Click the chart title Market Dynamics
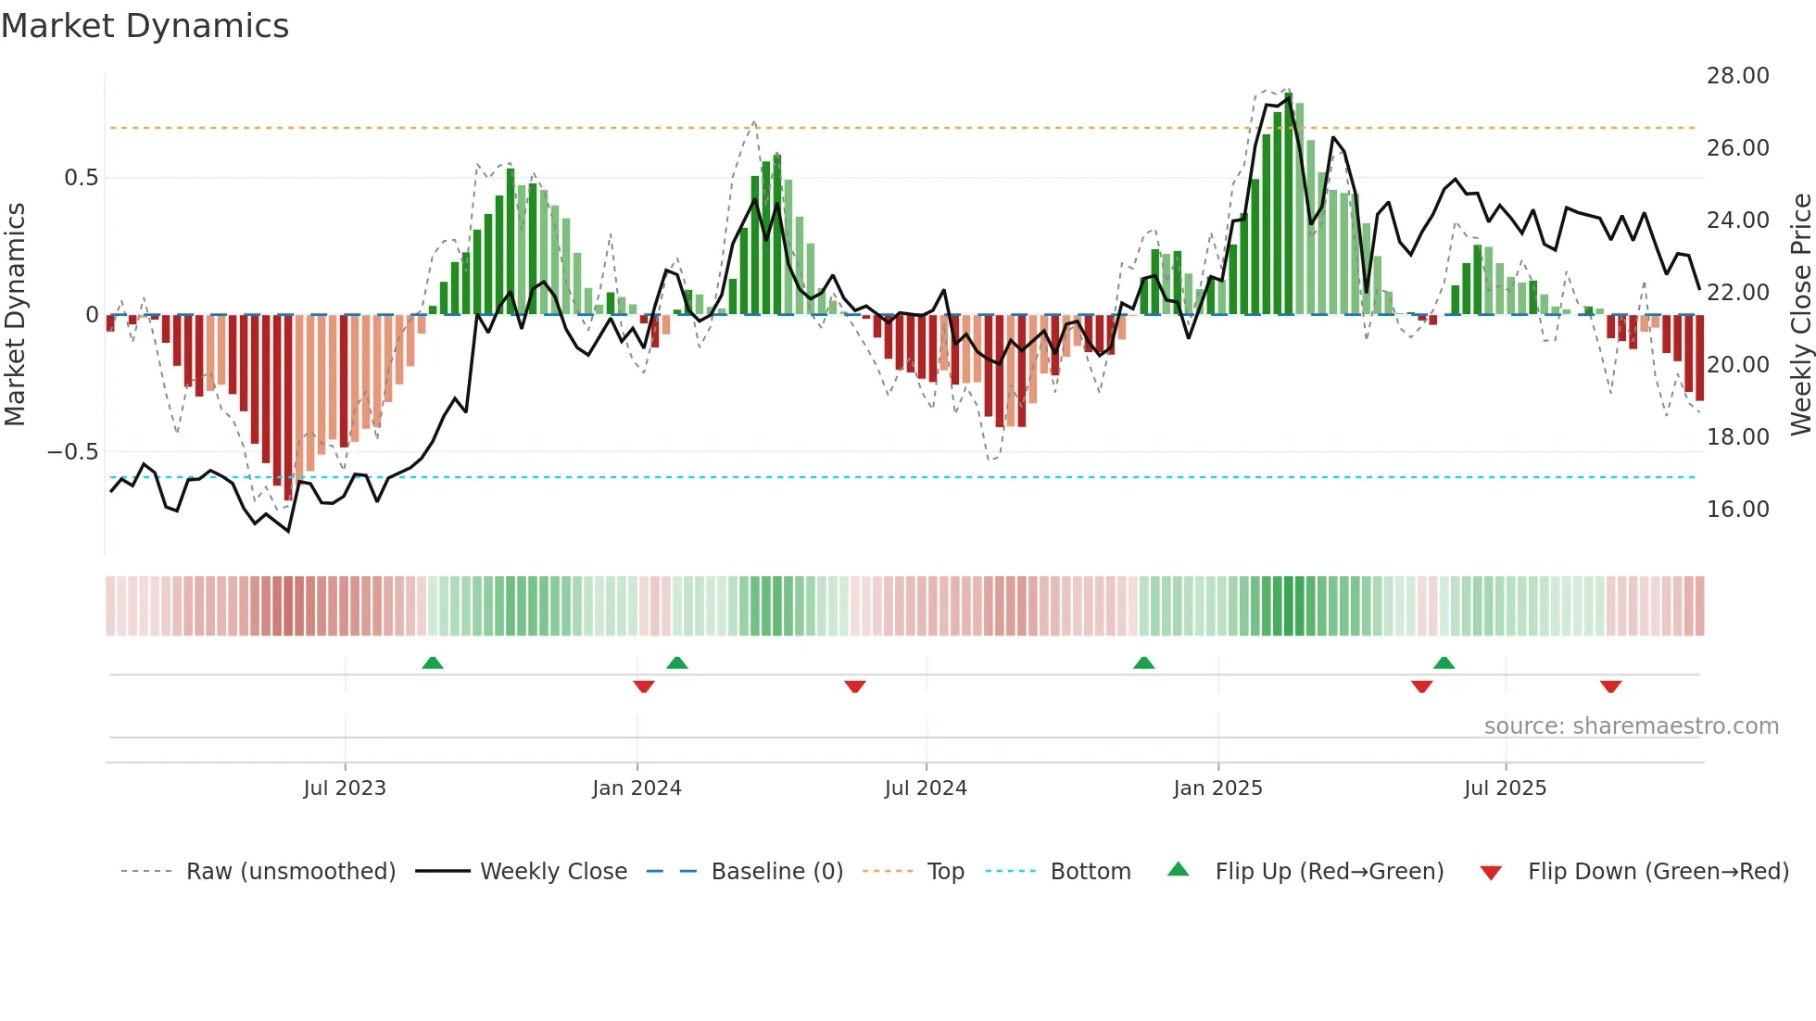pyautogui.click(x=145, y=26)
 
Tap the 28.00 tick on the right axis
pyautogui.click(x=1737, y=76)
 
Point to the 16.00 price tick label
pyautogui.click(x=1737, y=510)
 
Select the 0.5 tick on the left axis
pyautogui.click(x=81, y=178)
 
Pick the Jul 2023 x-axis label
pyautogui.click(x=345, y=788)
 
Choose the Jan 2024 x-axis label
pyautogui.click(x=637, y=788)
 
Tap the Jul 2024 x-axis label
pyautogui.click(x=926, y=788)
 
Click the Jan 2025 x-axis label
pyautogui.click(x=1217, y=788)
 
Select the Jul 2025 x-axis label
pyautogui.click(x=1506, y=788)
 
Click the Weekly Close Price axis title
pyautogui.click(x=1800, y=315)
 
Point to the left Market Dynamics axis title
pyautogui.click(x=15, y=315)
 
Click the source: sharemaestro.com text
pyautogui.click(x=1631, y=726)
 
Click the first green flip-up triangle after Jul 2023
pyautogui.click(x=433, y=662)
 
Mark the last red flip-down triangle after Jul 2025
pyautogui.click(x=1610, y=687)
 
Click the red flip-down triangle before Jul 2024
pyautogui.click(x=855, y=687)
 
